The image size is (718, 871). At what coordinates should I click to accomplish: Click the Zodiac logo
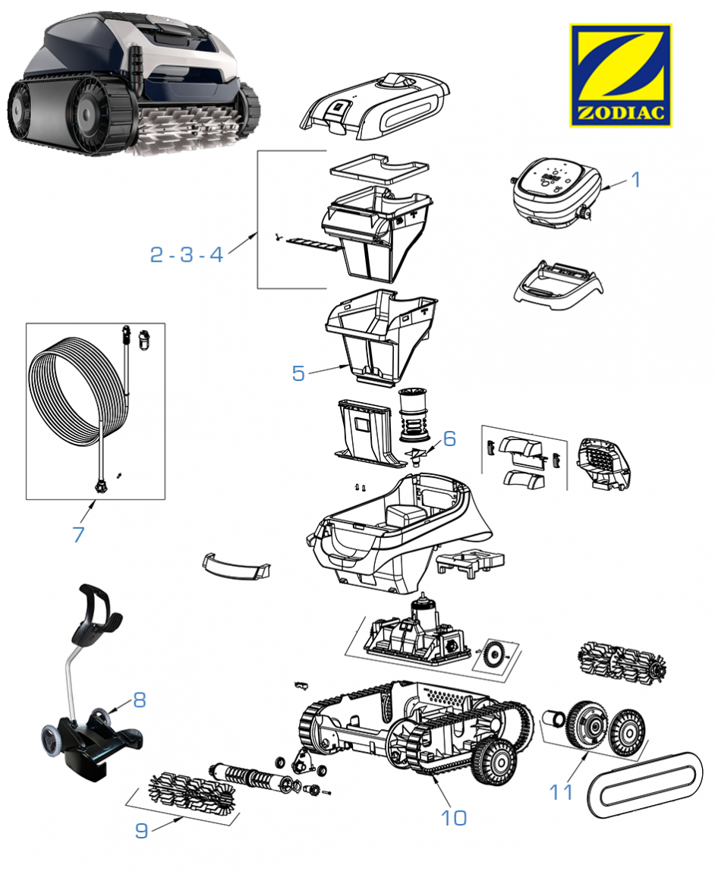point(620,75)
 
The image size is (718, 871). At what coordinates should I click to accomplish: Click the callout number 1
point(636,180)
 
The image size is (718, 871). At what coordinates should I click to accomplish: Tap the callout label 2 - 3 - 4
point(186,254)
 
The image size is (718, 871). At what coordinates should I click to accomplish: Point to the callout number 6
point(449,439)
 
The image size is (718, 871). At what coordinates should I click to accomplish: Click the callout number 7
point(78,534)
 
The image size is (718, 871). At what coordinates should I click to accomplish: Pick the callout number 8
point(139,700)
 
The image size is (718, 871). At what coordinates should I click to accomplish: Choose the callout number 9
point(141,831)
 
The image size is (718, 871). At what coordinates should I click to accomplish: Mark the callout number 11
point(562,791)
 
